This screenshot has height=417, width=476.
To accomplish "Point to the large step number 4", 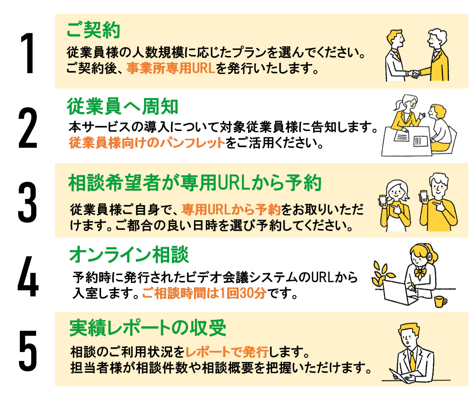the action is point(28,276).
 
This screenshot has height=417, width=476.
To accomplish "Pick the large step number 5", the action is point(28,350).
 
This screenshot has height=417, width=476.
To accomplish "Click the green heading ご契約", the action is point(93,31).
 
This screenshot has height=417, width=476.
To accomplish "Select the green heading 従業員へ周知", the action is point(123,107).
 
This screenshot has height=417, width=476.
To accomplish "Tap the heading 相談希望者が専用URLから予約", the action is point(194,183).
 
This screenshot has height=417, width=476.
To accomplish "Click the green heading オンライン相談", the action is point(129,255).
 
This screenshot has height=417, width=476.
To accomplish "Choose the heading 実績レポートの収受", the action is point(148,328).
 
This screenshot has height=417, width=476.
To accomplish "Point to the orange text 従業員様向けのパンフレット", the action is point(147,143).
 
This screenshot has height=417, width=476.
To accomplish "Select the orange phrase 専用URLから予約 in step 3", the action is point(231,210).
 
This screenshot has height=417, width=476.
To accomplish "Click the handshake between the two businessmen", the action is point(414,74).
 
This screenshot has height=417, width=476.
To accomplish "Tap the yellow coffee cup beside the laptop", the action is point(439,301).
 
